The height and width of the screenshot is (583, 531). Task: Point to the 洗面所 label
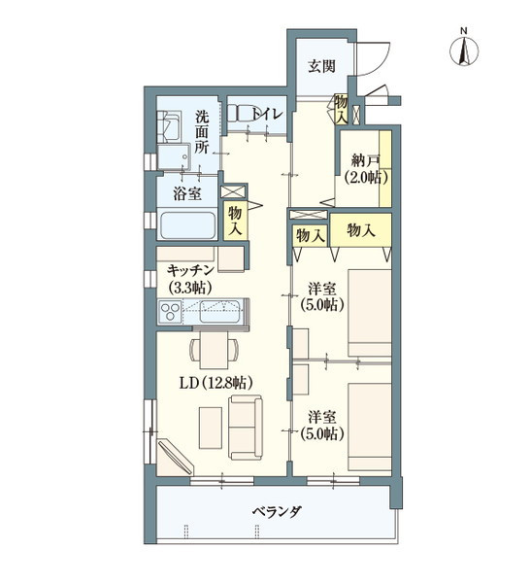(x=201, y=132)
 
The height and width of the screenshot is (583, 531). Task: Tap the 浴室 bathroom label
(x=187, y=194)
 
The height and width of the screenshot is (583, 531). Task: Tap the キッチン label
(x=191, y=269)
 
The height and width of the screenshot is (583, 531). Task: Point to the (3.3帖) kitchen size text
(x=191, y=288)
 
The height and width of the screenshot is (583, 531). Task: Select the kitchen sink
(x=217, y=313)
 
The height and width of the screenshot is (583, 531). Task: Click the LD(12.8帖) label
(x=216, y=382)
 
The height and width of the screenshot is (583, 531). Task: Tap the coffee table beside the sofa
(x=210, y=428)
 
